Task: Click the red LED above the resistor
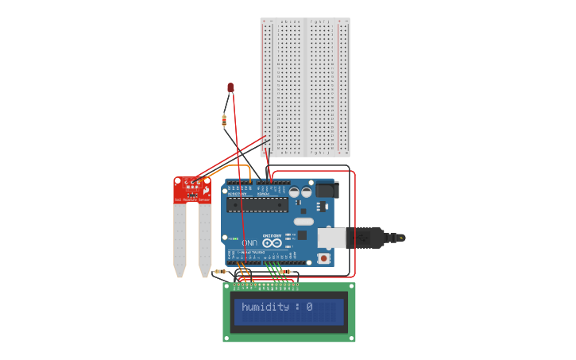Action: [230, 87]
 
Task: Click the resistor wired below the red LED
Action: [224, 121]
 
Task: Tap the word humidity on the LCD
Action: [265, 307]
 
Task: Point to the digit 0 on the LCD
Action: [309, 307]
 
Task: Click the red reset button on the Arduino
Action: [324, 258]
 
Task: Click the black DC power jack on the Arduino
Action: [327, 190]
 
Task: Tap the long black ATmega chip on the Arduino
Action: [256, 205]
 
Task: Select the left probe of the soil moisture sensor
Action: [180, 238]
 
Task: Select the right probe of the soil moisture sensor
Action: [204, 238]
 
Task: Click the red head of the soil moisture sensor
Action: [192, 189]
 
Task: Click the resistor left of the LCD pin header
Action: [219, 271]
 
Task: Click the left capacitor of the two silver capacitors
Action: [294, 192]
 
